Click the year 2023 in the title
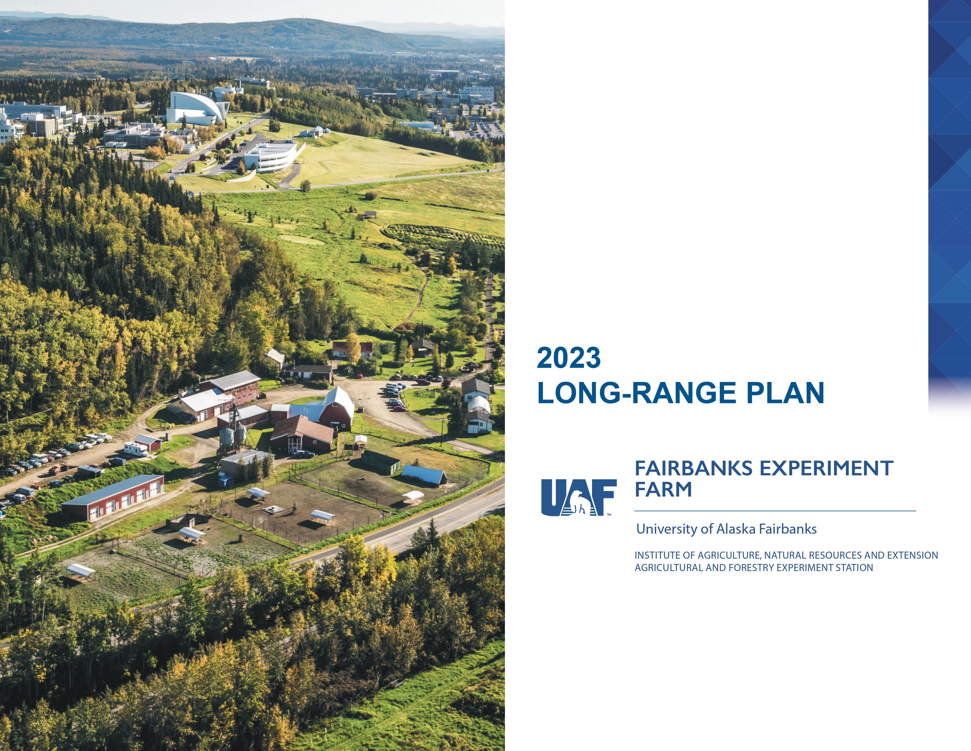(x=569, y=358)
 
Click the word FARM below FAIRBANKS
(x=663, y=489)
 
